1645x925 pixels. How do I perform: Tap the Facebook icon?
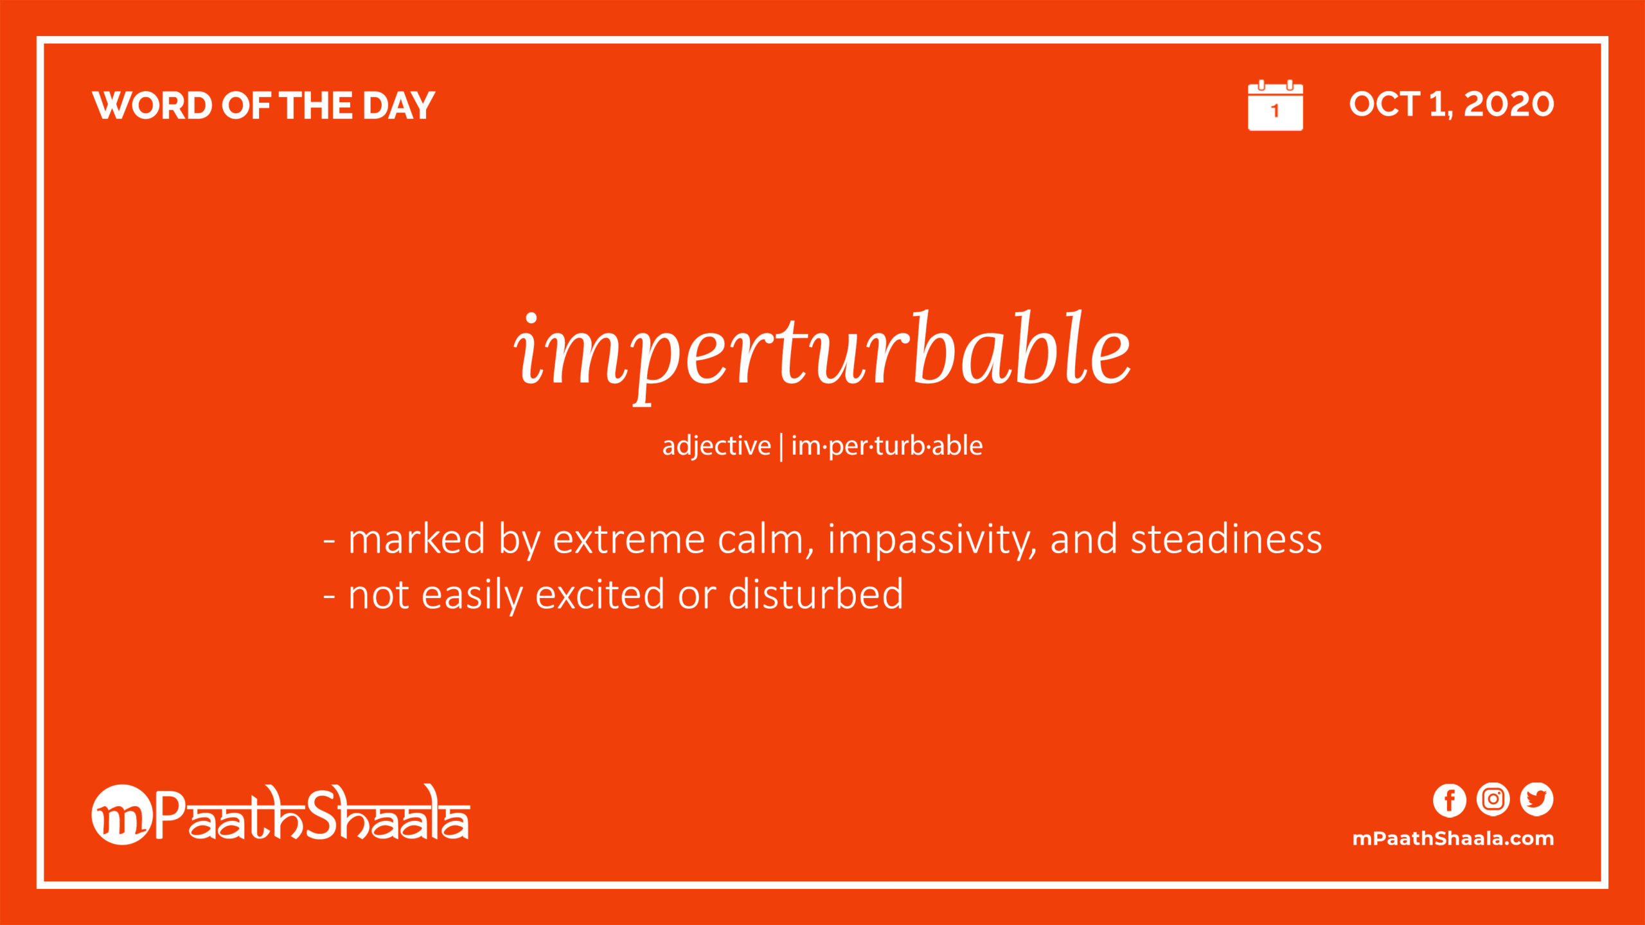coord(1450,800)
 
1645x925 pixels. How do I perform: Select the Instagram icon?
coord(1493,800)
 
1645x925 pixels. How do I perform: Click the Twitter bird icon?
coord(1536,800)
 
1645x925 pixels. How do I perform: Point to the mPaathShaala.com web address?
coord(1453,838)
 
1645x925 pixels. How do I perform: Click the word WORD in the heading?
coord(152,105)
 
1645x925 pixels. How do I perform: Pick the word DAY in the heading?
coord(398,105)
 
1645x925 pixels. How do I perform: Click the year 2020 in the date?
coord(1509,104)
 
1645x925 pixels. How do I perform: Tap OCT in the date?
coord(1385,104)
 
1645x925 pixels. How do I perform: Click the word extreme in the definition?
coord(629,540)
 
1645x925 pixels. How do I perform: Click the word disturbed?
coord(816,594)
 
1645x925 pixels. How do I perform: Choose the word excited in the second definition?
coord(600,595)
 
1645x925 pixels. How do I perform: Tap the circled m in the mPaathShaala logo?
coord(122,815)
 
